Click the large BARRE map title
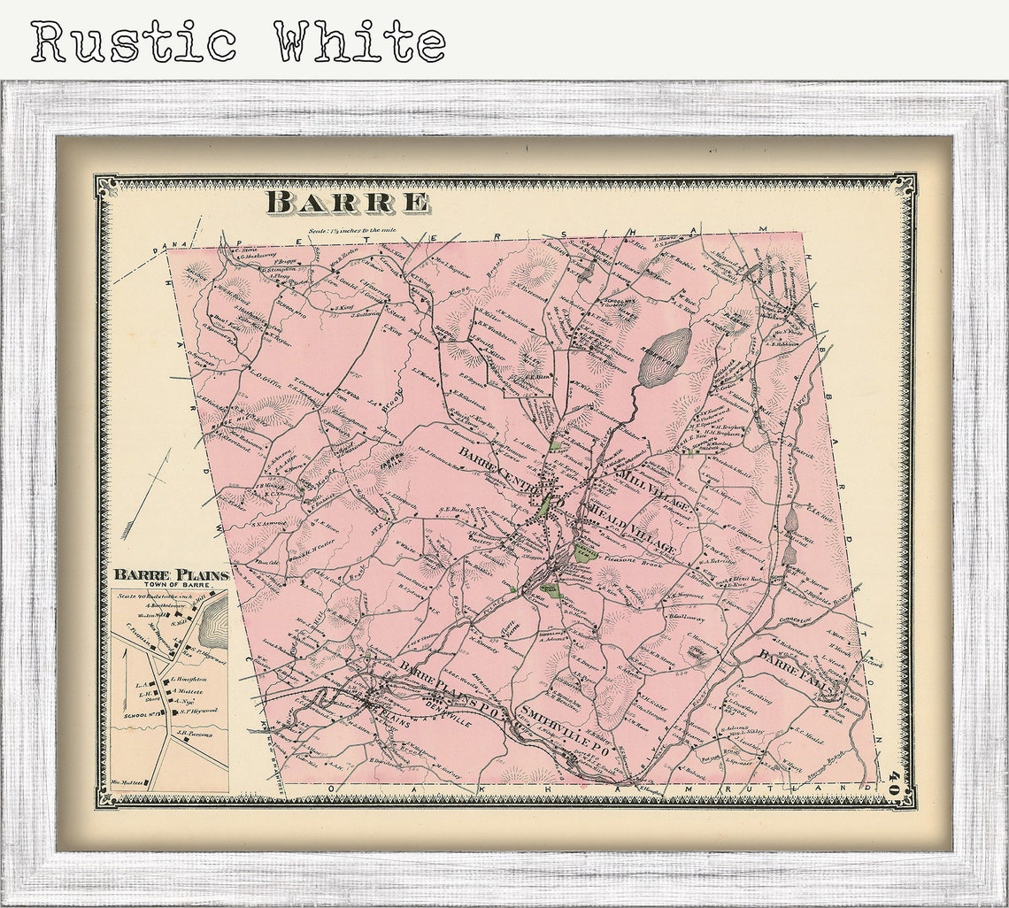click(347, 202)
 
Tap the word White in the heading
click(358, 41)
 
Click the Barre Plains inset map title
click(171, 575)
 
